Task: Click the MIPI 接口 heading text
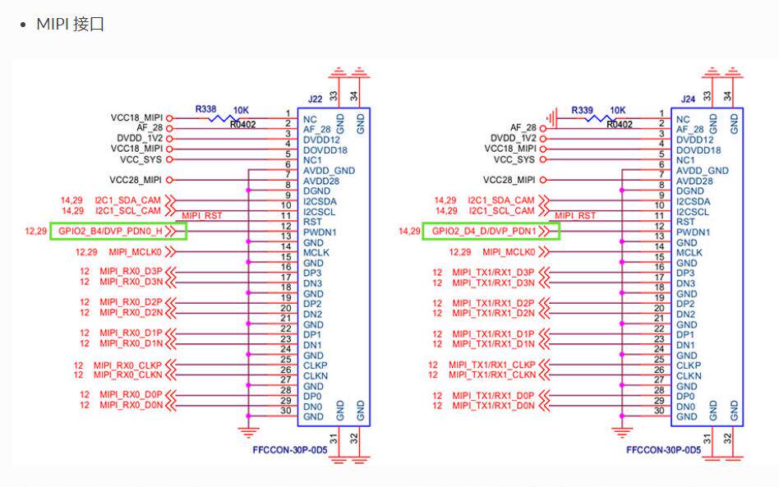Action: [x=70, y=24]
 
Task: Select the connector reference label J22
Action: [x=315, y=99]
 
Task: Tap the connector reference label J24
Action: [x=689, y=99]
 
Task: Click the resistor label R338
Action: [x=206, y=108]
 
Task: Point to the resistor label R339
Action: [x=582, y=108]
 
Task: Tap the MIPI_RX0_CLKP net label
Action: [x=127, y=365]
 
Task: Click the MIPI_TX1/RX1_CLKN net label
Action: [x=492, y=375]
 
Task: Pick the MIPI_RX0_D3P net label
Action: [x=131, y=272]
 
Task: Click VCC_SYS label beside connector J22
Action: [x=141, y=159]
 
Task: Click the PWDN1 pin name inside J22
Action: [x=320, y=232]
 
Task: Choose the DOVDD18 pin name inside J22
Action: [x=325, y=150]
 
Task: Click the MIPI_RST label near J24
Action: [x=575, y=215]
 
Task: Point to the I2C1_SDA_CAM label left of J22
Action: [x=128, y=200]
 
